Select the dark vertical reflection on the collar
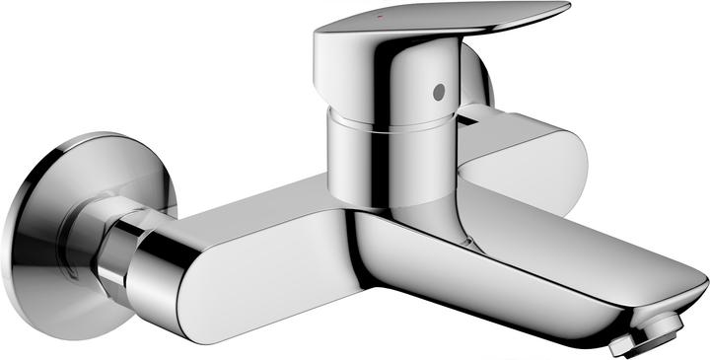(x=347, y=158)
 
